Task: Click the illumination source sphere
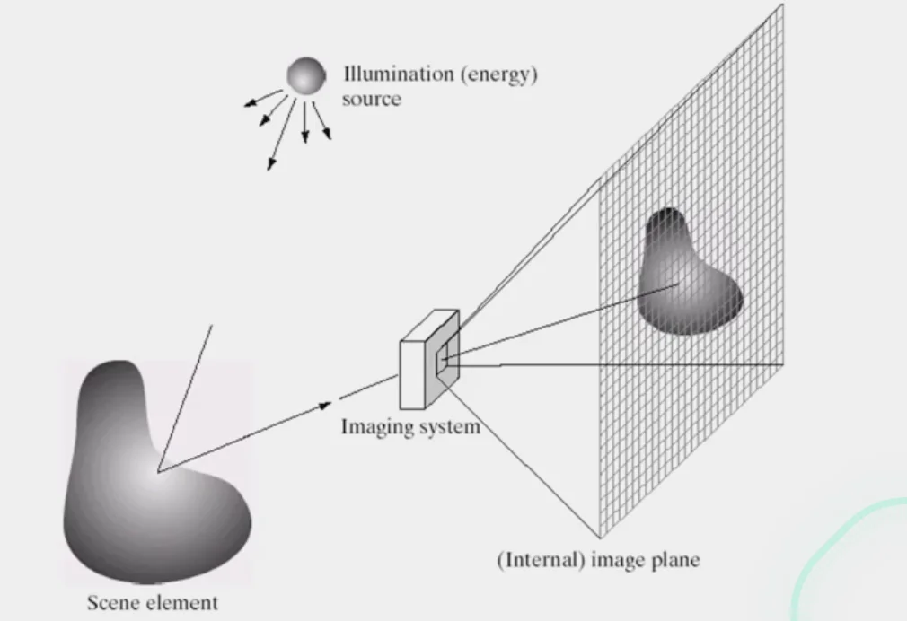[x=305, y=75]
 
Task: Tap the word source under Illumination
[x=371, y=99]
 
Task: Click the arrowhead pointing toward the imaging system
[x=325, y=407]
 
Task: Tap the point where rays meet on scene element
[x=158, y=470]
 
